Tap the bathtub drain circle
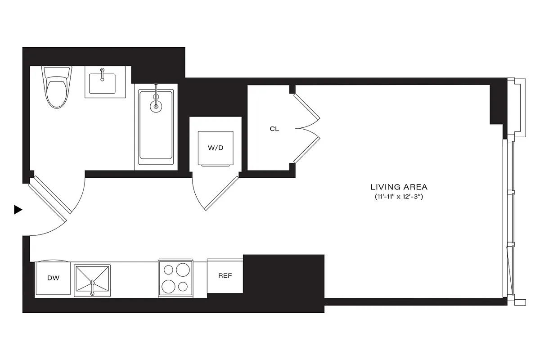(156, 106)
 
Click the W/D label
(216, 148)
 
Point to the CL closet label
(274, 129)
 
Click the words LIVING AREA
(399, 186)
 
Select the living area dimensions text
(399, 197)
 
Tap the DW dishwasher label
(53, 278)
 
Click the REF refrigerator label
(225, 275)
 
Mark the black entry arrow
(18, 209)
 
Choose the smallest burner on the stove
(183, 286)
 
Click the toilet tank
(57, 72)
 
